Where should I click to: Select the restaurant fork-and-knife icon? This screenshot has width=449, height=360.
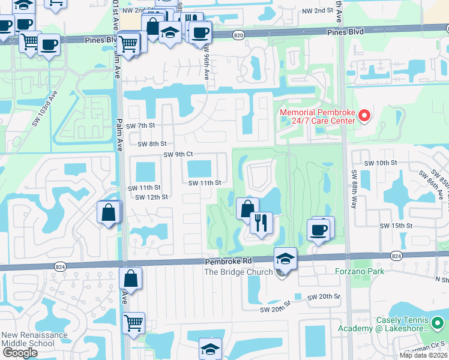click(x=261, y=223)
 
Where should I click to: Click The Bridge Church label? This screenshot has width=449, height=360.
click(x=238, y=272)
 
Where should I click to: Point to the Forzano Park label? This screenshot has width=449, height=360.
click(x=360, y=271)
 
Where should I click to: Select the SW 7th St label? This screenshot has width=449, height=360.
click(x=141, y=125)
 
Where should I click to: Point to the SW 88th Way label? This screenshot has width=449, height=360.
click(x=354, y=187)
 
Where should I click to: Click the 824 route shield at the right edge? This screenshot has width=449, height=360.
click(x=396, y=256)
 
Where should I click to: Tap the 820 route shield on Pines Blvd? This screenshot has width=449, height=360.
click(x=239, y=36)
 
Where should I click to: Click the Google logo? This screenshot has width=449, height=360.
click(x=19, y=353)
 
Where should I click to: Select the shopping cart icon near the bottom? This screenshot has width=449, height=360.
click(x=133, y=322)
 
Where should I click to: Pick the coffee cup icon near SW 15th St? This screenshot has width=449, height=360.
click(x=318, y=229)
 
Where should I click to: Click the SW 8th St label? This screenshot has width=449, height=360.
click(x=151, y=143)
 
